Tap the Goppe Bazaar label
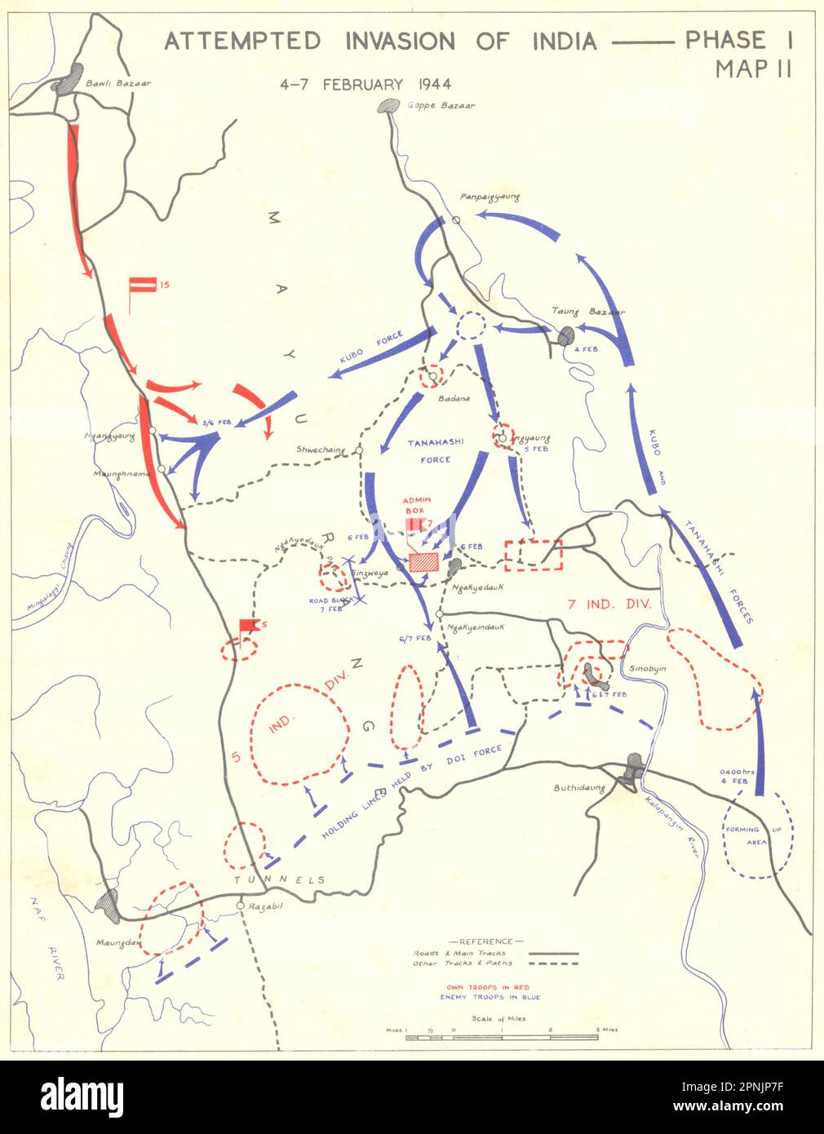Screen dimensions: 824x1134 [x=441, y=105]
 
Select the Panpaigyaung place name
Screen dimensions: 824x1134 [x=490, y=197]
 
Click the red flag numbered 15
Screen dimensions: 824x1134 [x=142, y=285]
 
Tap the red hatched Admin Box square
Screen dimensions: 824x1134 [x=423, y=562]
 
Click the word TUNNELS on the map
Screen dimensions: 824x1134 [x=280, y=880]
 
